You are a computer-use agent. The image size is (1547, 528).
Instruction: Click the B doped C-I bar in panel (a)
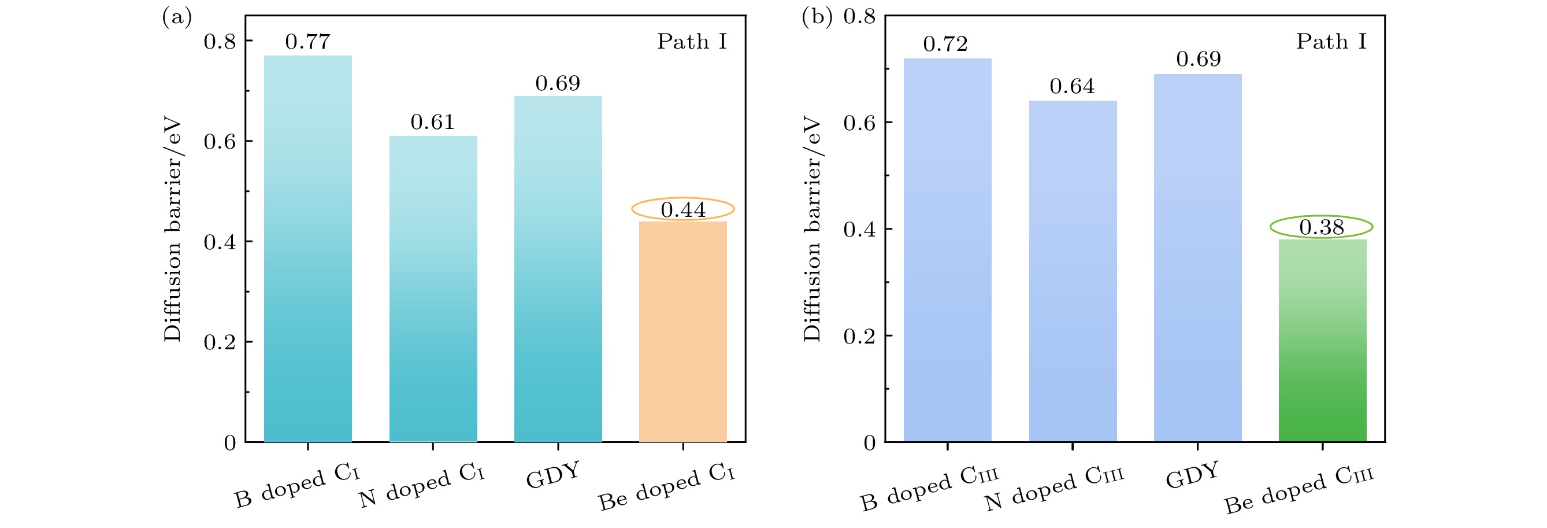(x=307, y=249)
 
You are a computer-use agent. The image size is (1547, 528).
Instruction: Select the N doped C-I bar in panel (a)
(x=433, y=289)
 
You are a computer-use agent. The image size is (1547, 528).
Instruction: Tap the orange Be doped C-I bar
(x=683, y=331)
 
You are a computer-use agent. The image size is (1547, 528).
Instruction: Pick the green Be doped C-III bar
(x=1322, y=341)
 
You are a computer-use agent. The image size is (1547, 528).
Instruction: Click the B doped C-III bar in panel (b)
(x=947, y=250)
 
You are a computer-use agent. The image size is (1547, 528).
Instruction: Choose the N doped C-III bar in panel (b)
(x=1073, y=271)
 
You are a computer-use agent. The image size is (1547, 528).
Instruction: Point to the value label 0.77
(x=307, y=42)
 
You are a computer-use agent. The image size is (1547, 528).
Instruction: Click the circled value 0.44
(x=683, y=209)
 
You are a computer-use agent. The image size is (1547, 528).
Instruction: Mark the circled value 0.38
(x=1321, y=227)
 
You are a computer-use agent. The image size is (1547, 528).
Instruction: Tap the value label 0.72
(x=945, y=44)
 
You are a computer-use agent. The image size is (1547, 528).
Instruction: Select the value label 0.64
(x=1072, y=87)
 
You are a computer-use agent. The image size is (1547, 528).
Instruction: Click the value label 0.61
(x=432, y=123)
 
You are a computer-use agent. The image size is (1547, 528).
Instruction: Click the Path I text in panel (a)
(x=692, y=42)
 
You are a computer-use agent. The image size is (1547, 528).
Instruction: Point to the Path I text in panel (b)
(x=1331, y=42)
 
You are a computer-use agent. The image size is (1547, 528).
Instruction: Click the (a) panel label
(x=177, y=17)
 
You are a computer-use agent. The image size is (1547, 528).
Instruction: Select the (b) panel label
(x=817, y=17)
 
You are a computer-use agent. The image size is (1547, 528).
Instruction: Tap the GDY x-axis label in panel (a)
(x=553, y=475)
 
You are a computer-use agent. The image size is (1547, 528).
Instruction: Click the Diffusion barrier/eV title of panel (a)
(x=173, y=230)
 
